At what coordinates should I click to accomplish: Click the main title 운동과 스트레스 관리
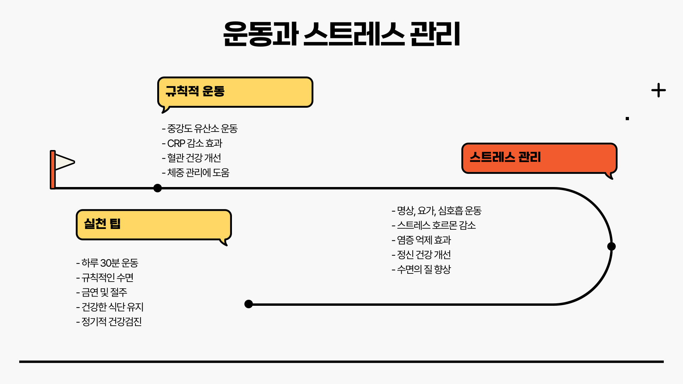[x=341, y=34]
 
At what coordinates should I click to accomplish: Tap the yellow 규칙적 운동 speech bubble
[x=235, y=92]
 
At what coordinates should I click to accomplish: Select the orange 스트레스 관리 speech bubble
[x=539, y=158]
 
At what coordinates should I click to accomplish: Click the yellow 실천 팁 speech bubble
[x=154, y=224]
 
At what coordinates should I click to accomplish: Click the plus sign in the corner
[x=658, y=90]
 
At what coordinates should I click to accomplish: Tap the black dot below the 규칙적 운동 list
[x=158, y=188]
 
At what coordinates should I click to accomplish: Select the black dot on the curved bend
[x=611, y=246]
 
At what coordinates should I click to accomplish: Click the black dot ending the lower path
[x=249, y=304]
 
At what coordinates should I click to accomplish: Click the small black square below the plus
[x=628, y=119]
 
